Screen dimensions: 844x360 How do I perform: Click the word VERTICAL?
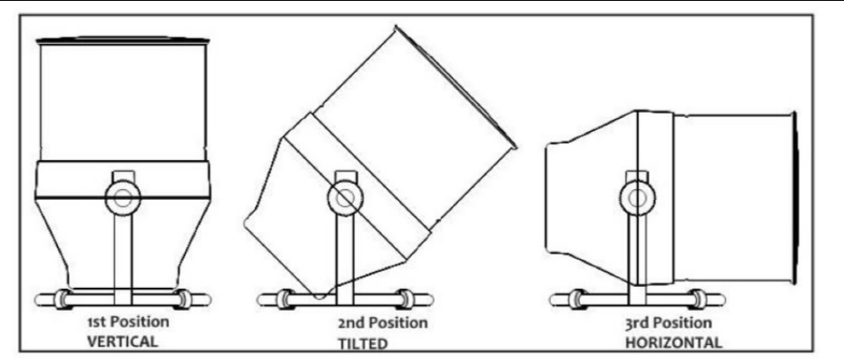tap(122, 342)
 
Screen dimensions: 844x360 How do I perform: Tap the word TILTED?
tap(363, 343)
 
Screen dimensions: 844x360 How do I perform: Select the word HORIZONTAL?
tap(673, 342)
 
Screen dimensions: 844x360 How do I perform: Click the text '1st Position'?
tap(128, 323)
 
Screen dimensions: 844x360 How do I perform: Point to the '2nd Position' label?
tap(383, 323)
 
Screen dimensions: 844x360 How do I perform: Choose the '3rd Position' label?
tap(668, 324)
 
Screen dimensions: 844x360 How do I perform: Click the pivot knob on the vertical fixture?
tap(122, 197)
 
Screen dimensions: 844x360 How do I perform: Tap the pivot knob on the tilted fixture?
tap(343, 198)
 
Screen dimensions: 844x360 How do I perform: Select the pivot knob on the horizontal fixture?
tap(637, 198)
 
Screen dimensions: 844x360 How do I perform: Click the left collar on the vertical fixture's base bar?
tap(62, 299)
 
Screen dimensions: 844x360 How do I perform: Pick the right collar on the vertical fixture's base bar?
tap(185, 299)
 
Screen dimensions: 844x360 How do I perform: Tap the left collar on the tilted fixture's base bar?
tap(283, 299)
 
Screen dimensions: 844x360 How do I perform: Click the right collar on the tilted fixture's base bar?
tap(406, 299)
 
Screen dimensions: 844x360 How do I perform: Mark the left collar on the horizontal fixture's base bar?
tap(576, 299)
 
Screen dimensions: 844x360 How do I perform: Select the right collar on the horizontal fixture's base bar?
tap(699, 299)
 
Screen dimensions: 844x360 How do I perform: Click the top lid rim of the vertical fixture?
tap(122, 40)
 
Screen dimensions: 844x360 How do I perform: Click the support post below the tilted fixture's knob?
tap(344, 253)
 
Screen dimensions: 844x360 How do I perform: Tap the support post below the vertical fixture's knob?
tap(122, 252)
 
